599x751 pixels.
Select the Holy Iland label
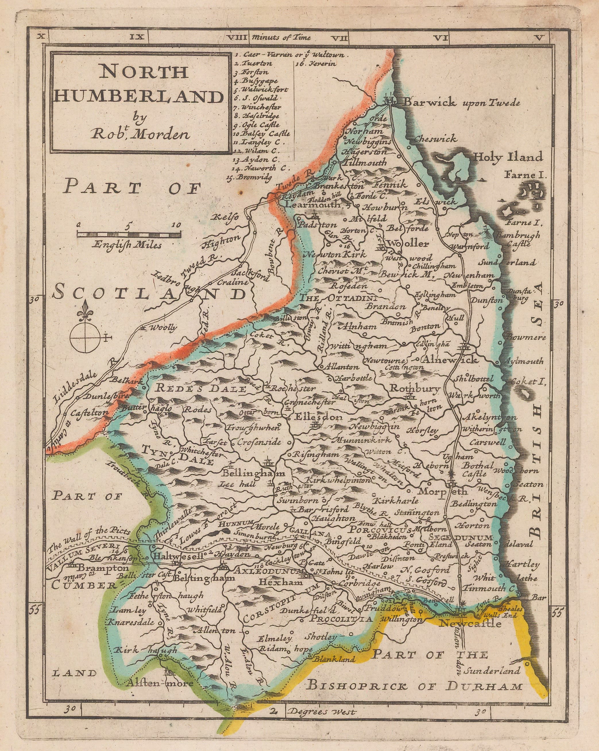[x=507, y=157]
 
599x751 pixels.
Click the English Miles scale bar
[x=129, y=235]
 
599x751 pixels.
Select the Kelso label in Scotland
[x=225, y=217]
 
